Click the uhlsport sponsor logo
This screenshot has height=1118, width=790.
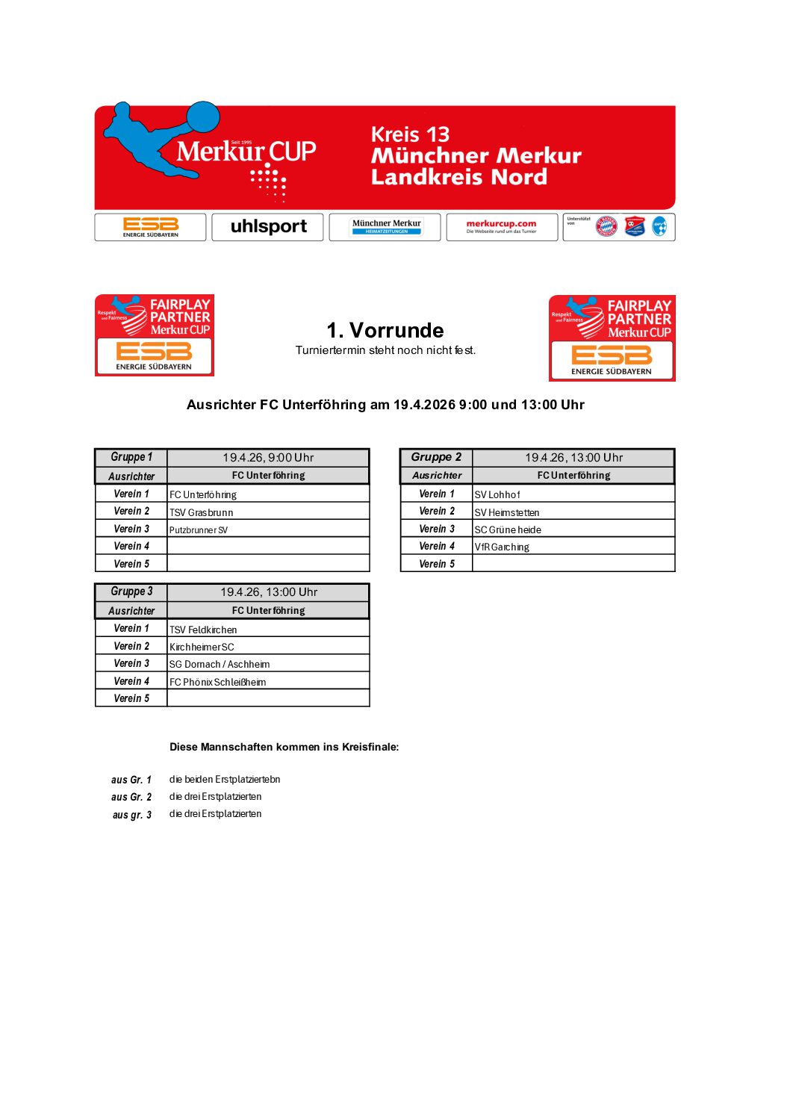pos(268,227)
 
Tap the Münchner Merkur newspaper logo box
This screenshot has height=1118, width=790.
pos(385,227)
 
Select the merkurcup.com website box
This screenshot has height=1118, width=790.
pos(502,227)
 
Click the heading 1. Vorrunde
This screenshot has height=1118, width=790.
pos(385,330)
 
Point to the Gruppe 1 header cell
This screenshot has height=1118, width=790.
pos(131,457)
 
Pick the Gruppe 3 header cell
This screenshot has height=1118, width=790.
pos(131,591)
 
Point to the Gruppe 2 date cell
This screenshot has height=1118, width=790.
pos(573,457)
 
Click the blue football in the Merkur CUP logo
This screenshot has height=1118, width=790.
pos(202,119)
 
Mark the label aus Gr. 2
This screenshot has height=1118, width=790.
pos(131,797)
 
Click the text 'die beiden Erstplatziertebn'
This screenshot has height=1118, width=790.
pos(225,779)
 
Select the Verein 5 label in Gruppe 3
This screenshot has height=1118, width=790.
pos(131,698)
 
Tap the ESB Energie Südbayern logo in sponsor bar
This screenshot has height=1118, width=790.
pos(151,227)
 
